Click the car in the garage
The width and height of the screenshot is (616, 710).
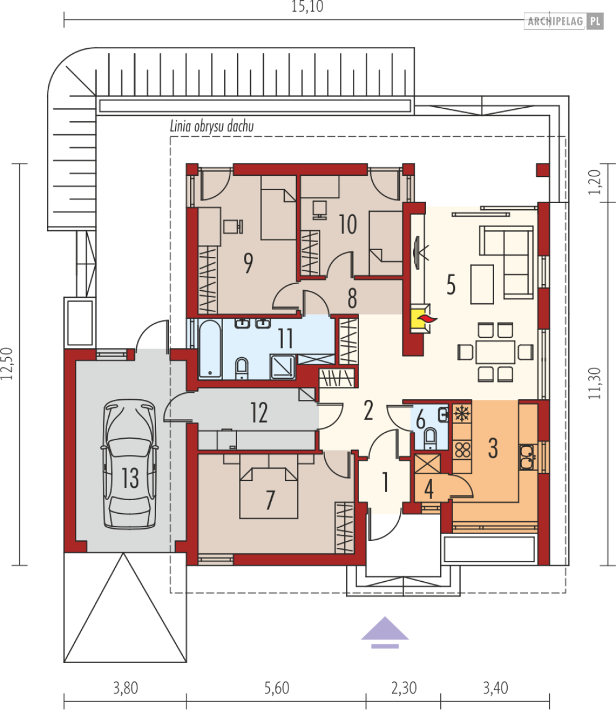coord(130,464)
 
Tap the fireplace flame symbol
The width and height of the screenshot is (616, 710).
coord(427,319)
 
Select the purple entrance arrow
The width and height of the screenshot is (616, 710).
coord(384,632)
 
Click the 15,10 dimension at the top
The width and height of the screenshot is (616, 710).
coord(307,6)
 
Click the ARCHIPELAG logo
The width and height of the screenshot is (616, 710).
coord(563,21)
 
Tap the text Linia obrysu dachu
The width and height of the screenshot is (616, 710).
coord(212,126)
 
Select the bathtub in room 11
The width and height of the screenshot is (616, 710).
coord(210,349)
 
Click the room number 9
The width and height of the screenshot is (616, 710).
coord(248,262)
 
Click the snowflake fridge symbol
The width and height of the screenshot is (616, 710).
coord(462,413)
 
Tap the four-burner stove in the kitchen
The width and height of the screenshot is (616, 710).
coord(462,450)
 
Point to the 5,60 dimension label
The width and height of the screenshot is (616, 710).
coord(276,688)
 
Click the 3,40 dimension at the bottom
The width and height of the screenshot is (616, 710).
coord(495,688)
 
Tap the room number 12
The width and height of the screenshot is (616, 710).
coord(259,412)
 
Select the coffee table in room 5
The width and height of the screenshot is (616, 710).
coord(482,284)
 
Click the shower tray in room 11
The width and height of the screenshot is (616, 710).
coord(283,367)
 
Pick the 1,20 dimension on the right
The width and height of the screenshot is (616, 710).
coord(595,182)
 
